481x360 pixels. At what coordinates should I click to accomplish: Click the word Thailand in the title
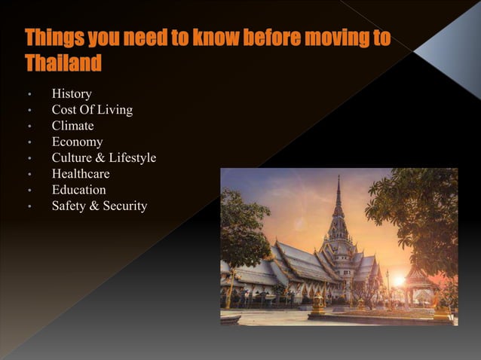pos(63,63)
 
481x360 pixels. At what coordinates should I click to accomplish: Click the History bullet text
pos(72,94)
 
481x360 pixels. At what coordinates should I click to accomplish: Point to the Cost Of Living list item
pos(92,110)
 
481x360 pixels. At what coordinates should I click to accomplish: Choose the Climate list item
pos(72,126)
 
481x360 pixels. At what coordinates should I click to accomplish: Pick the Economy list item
pos(77,142)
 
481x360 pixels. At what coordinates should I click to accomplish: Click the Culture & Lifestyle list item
pos(104,157)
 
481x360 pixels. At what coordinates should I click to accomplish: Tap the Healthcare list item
pos(81,174)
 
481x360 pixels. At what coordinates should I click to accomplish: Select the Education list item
pos(78,190)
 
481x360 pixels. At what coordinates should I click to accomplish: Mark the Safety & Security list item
pos(100,206)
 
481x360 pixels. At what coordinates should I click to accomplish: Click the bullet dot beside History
pos(29,95)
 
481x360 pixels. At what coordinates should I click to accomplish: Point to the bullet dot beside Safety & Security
pos(29,206)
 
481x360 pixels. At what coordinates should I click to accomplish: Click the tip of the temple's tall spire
pos(339,178)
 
